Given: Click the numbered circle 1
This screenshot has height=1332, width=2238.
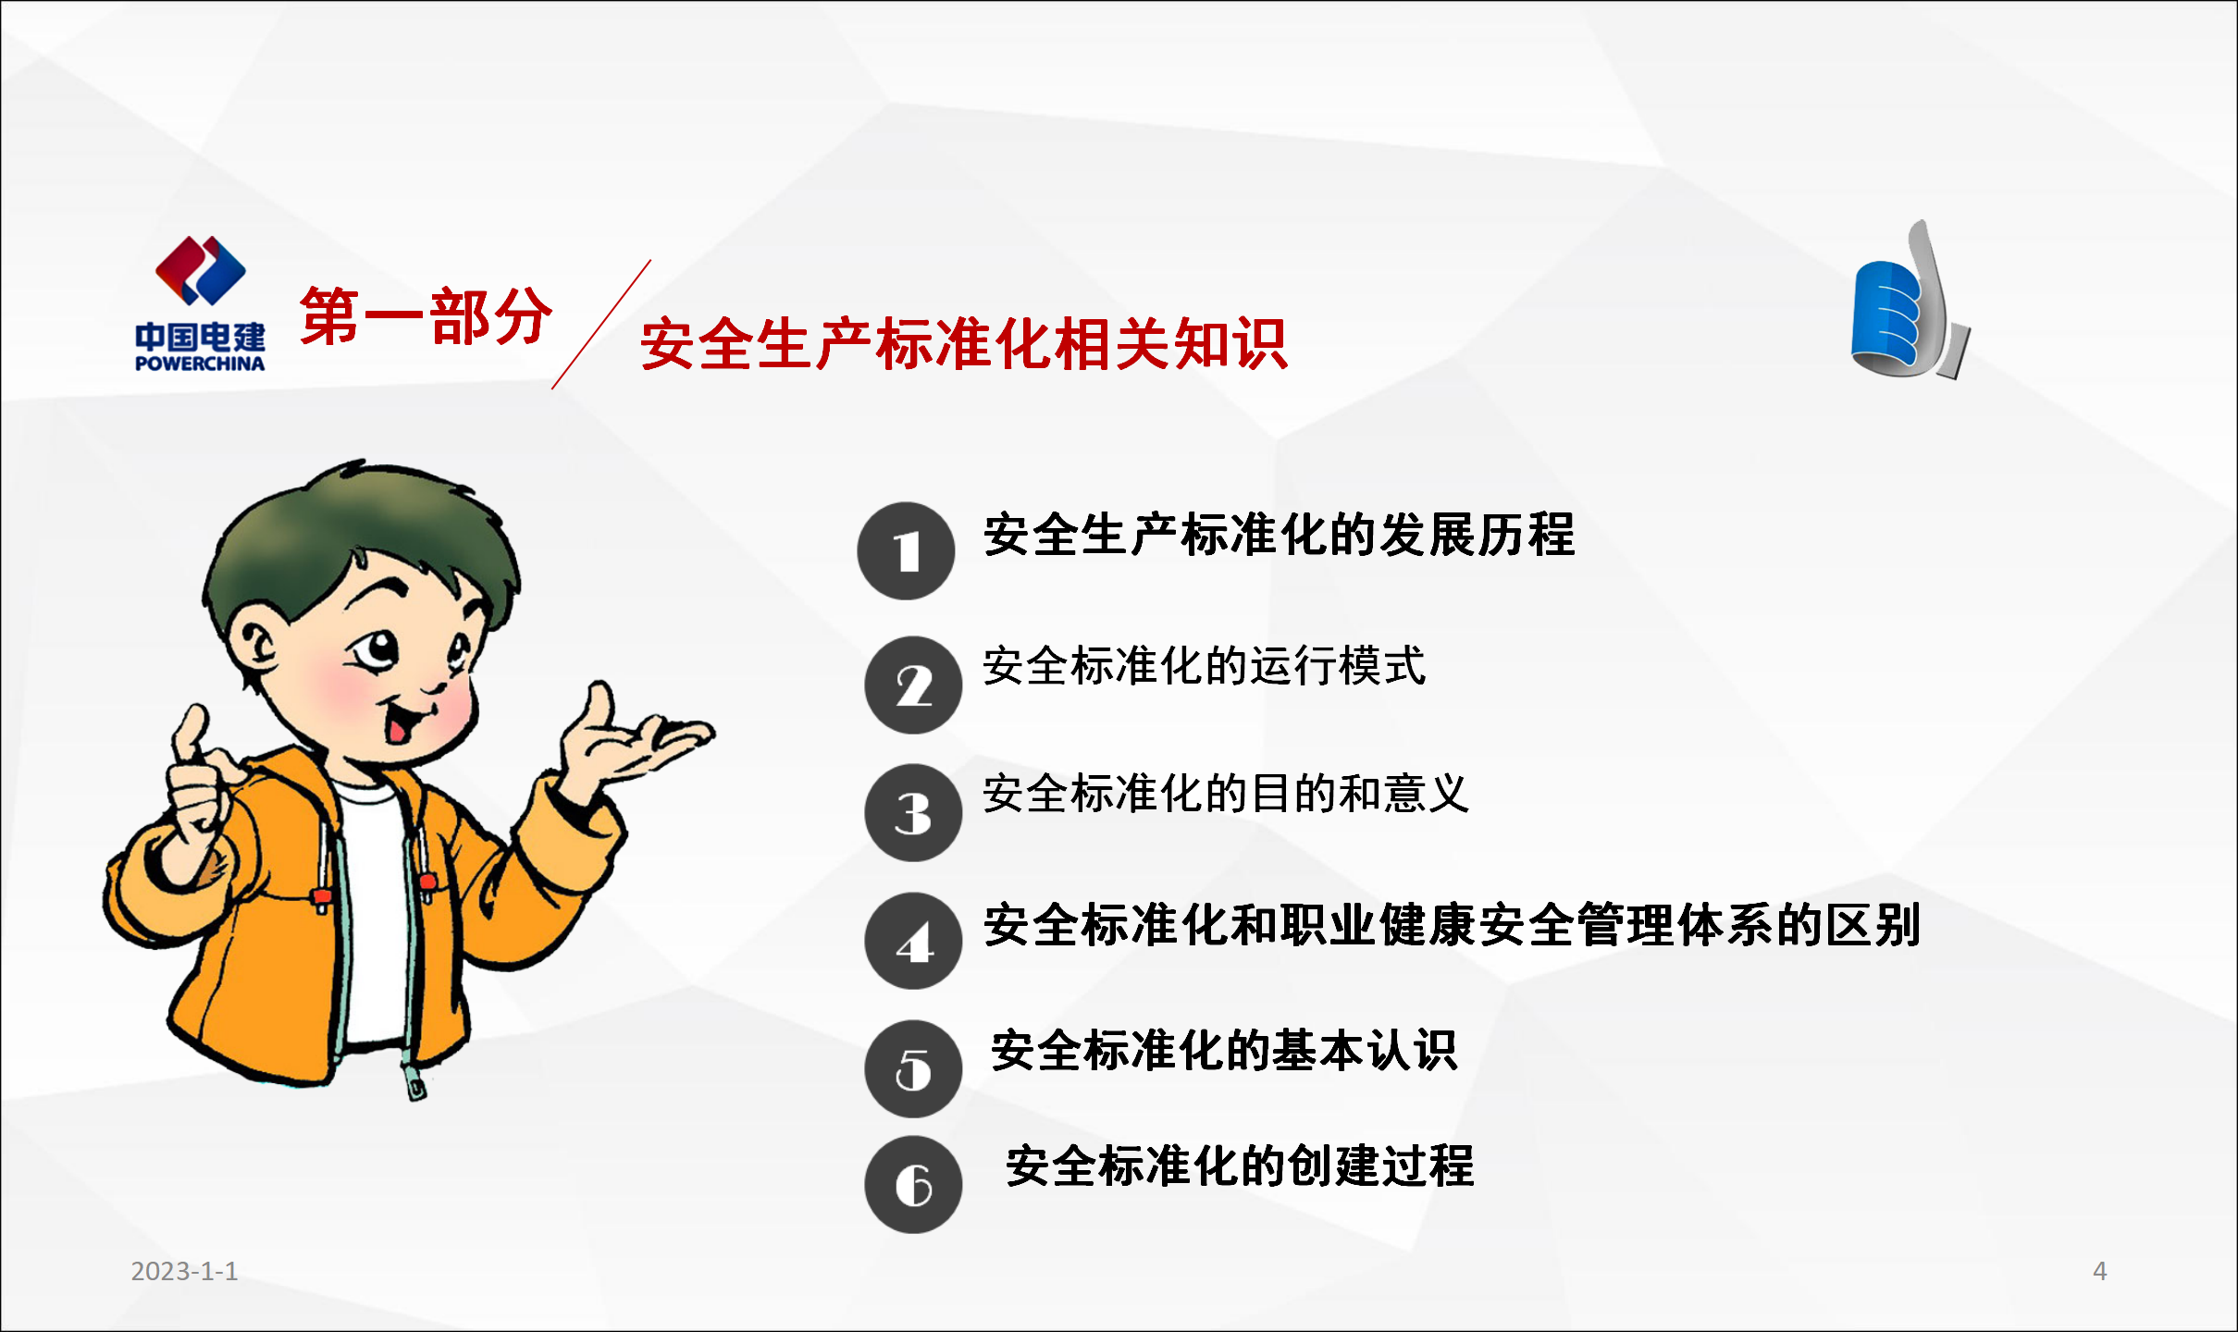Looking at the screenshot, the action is coord(906,551).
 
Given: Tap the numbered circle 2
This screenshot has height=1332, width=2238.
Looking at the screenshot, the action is coord(913,685).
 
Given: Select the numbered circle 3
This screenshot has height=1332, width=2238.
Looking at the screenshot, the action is coord(913,813).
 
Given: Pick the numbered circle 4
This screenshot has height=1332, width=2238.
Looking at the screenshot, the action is coord(913,942).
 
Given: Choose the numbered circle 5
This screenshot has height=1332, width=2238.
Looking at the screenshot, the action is coord(913,1069).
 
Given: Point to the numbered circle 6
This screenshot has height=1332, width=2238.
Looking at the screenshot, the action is coord(913,1185).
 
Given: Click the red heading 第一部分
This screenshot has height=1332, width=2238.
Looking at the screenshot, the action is coord(426,316).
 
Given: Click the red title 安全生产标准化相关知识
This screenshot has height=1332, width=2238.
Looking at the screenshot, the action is coord(964,344).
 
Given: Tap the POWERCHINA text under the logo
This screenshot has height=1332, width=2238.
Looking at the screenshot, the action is coord(200,364).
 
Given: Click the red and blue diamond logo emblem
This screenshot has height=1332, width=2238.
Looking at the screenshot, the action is coord(200,270).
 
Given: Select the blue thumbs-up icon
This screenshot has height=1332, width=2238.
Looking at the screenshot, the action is coord(1910,300).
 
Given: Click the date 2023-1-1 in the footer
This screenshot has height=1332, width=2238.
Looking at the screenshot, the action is coord(184,1271).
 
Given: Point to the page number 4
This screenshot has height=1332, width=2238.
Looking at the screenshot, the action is coord(2100,1271).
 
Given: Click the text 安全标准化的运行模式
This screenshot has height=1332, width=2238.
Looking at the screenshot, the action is coord(1205,666).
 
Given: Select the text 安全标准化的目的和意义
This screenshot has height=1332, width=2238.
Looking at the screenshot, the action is coord(1226,794).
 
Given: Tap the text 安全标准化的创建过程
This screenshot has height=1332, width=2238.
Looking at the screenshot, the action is coord(1240,1165).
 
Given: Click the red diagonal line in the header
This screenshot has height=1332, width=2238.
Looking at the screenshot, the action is coord(601,325).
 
